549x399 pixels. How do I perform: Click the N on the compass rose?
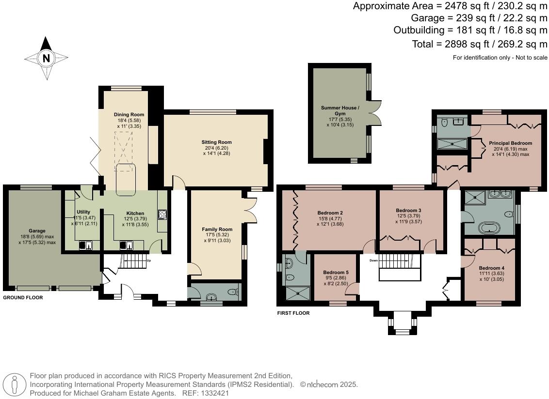46,58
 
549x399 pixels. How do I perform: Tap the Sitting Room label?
217,142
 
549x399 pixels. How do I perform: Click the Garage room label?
37,231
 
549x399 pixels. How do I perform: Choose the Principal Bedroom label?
510,143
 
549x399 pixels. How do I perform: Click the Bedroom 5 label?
336,273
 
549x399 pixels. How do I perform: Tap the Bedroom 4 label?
492,268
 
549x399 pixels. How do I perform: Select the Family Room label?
217,229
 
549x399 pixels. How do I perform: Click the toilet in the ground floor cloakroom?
233,292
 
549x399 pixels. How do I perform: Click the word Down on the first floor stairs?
373,260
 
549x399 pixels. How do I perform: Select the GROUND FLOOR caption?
23,298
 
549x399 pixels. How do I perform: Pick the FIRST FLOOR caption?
293,313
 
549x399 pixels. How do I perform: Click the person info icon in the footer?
15,384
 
